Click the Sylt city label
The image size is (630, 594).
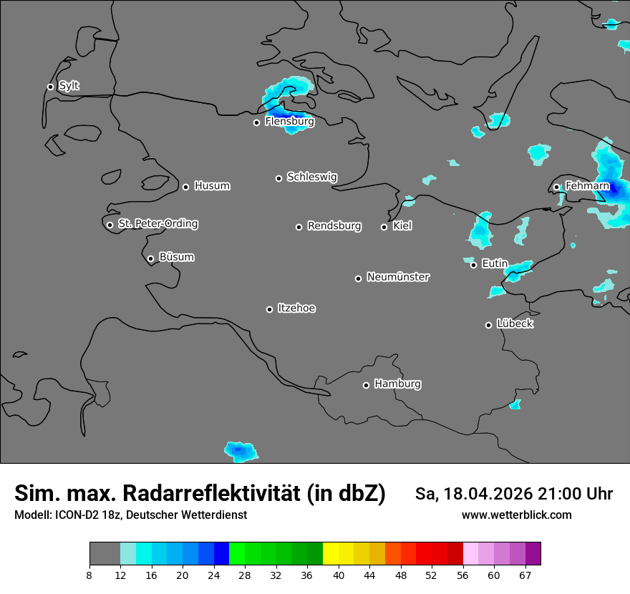(x=69, y=86)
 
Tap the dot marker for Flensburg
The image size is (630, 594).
(x=256, y=122)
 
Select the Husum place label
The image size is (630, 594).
(x=212, y=186)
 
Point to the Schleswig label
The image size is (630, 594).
(x=311, y=177)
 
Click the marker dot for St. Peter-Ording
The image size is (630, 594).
(x=110, y=225)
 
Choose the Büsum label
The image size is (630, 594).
(x=176, y=257)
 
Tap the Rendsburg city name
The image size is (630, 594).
(x=334, y=226)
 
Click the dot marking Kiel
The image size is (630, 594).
(x=384, y=227)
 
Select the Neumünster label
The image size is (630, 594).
(x=398, y=277)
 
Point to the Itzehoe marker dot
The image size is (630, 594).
(x=269, y=309)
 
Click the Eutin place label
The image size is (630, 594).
(x=495, y=264)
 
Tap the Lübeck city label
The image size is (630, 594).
(x=514, y=324)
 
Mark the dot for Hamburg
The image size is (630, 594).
(x=366, y=385)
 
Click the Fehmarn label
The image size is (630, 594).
(x=587, y=186)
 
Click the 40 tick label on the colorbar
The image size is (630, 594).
(x=339, y=575)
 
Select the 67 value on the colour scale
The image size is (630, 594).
(x=525, y=575)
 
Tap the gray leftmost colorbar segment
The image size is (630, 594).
(x=105, y=554)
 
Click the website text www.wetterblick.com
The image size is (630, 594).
(x=516, y=515)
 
